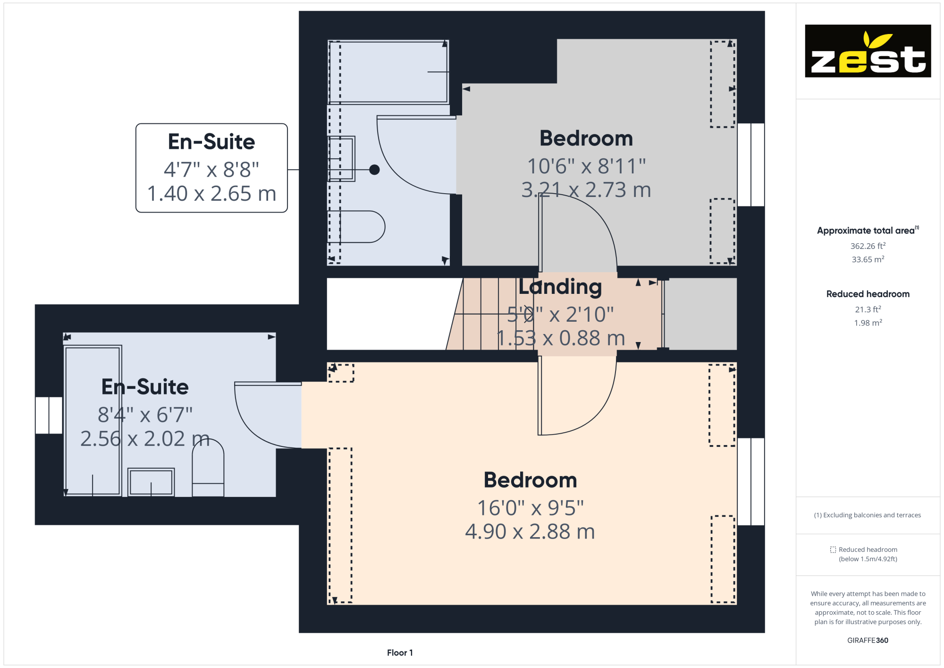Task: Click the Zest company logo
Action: click(868, 51)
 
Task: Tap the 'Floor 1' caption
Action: click(400, 652)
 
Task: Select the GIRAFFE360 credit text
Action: click(868, 640)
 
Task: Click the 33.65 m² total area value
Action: click(868, 259)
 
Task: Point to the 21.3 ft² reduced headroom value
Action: click(868, 309)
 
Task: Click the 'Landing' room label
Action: click(560, 287)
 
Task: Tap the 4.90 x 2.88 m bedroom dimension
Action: click(530, 531)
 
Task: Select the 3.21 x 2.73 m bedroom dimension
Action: click(586, 190)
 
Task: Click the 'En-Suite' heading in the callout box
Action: click(211, 142)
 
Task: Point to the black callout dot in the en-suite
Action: click(374, 170)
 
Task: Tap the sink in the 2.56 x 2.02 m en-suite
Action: click(151, 482)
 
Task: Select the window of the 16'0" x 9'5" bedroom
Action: click(751, 481)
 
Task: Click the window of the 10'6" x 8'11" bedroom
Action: click(751, 165)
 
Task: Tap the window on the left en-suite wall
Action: click(49, 415)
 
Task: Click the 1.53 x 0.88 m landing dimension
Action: click(561, 338)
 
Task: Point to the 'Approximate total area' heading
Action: click(868, 231)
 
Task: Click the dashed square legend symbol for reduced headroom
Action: click(833, 549)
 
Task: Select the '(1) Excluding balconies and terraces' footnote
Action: click(868, 515)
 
